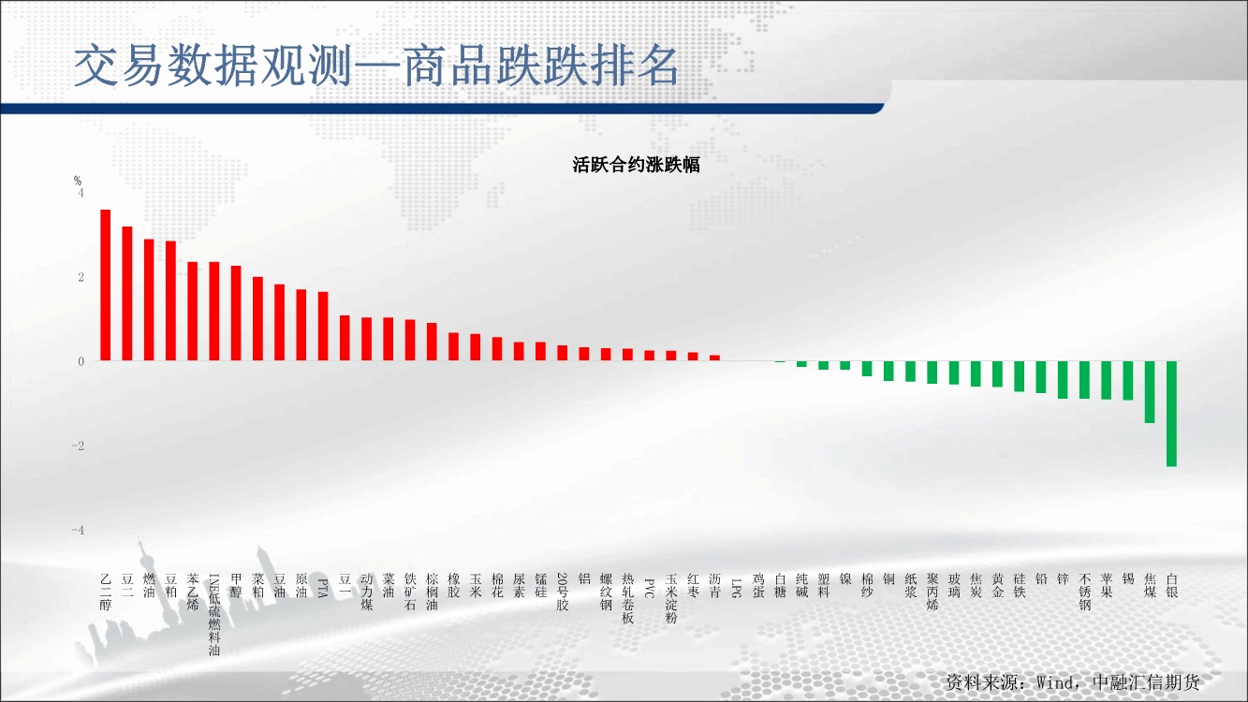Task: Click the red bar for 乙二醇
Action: point(105,285)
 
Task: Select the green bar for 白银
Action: point(1171,414)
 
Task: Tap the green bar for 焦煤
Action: point(1150,391)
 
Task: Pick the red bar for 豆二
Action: point(127,294)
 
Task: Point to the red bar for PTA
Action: point(323,326)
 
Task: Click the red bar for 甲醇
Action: point(236,314)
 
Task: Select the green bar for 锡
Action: point(1128,381)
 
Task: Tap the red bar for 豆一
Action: point(345,338)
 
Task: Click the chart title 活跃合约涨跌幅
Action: point(636,165)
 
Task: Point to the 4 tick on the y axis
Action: point(81,193)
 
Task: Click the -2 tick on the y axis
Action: point(78,446)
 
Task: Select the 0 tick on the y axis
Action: point(81,361)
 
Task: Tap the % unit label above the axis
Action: point(78,181)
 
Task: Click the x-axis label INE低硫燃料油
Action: point(214,615)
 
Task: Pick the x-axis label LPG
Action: point(736,588)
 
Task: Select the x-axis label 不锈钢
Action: point(1085,592)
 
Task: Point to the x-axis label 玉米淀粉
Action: point(670,599)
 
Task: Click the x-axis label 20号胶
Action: point(562,592)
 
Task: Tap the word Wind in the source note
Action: point(1054,682)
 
